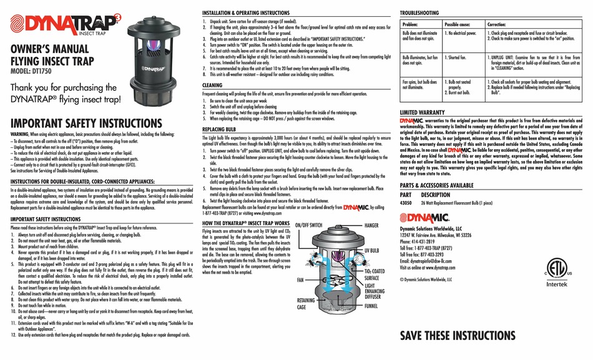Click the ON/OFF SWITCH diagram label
point(309,224)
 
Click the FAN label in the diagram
point(301,281)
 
